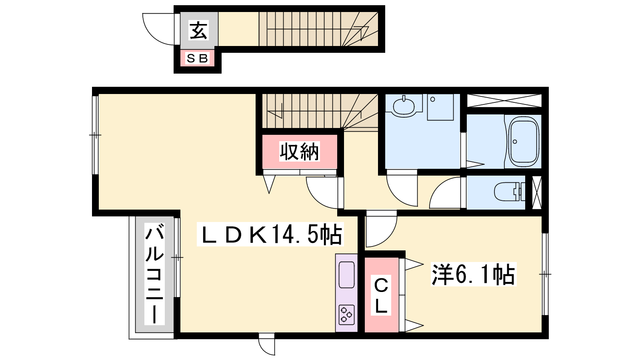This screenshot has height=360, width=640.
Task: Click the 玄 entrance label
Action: [198, 30]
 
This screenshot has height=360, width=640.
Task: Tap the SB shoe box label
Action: [197, 58]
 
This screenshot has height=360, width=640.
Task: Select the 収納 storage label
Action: [299, 151]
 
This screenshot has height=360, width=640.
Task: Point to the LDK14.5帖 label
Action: [270, 234]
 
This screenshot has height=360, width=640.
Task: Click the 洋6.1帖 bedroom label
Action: [474, 274]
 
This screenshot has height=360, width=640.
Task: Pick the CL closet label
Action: [381, 296]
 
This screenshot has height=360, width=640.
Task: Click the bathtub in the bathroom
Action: [523, 142]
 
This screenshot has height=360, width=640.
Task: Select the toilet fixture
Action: [510, 192]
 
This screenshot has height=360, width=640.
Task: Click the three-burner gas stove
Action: [346, 315]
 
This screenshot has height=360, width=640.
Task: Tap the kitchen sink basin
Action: [346, 274]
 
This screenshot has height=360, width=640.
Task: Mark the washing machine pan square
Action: [440, 107]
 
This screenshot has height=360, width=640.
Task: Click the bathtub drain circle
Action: [515, 142]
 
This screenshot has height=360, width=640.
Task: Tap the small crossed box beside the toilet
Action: [536, 192]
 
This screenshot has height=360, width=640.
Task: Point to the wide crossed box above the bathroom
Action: [504, 100]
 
